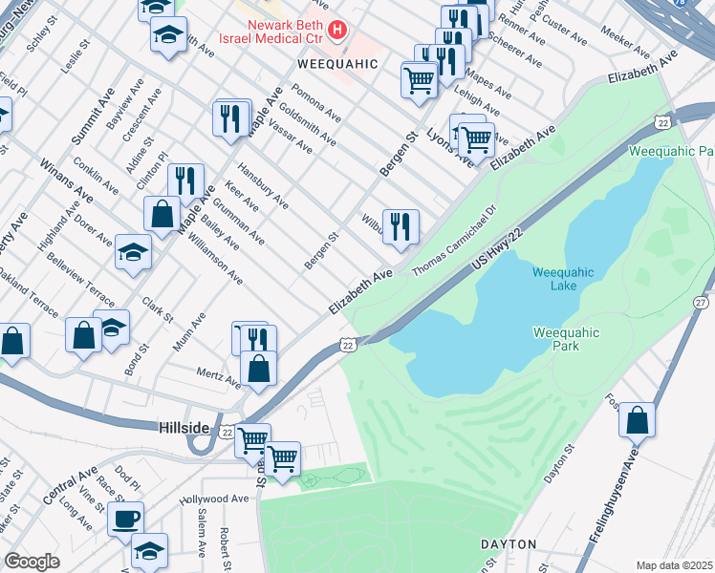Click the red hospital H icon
coord(336,31)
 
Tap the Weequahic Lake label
coord(563,280)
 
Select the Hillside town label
coord(183,429)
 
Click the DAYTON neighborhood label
coord(509,543)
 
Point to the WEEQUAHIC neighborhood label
coord(338,64)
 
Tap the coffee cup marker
coord(125,519)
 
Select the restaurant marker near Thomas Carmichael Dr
coord(401,226)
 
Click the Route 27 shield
coord(702,302)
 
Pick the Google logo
coord(32,562)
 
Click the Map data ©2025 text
coord(675,565)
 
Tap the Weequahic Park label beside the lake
coord(566,339)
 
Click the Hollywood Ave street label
coord(214,499)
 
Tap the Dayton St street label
coord(559,462)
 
